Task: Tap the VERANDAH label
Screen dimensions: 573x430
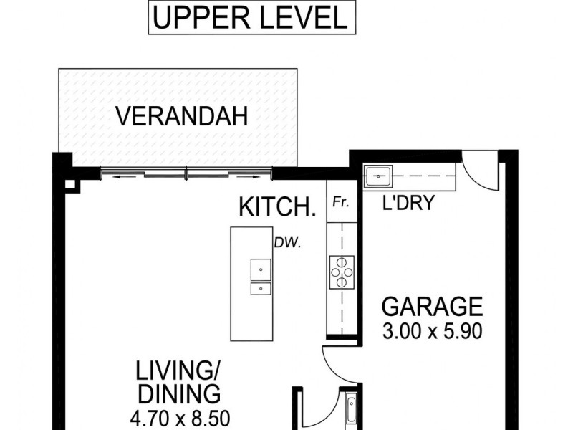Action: tap(182, 116)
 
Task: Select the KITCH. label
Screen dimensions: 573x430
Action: tap(277, 206)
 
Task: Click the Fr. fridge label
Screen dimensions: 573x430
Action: tap(341, 202)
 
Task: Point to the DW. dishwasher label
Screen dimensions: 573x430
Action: tap(288, 242)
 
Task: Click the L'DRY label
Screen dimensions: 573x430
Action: tap(408, 202)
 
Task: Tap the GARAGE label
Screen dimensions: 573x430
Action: tap(433, 307)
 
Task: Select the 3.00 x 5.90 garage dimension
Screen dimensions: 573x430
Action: tap(433, 331)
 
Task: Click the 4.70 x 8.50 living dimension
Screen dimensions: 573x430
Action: tap(180, 419)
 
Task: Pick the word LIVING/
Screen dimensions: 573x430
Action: tap(178, 371)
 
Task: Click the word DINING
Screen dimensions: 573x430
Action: tap(180, 394)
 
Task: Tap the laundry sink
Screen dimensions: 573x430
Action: tap(378, 176)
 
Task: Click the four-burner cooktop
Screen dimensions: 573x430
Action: tap(342, 272)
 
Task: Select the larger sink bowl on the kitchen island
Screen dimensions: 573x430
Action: tap(261, 269)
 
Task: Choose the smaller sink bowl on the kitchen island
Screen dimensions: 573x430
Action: tap(261, 289)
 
